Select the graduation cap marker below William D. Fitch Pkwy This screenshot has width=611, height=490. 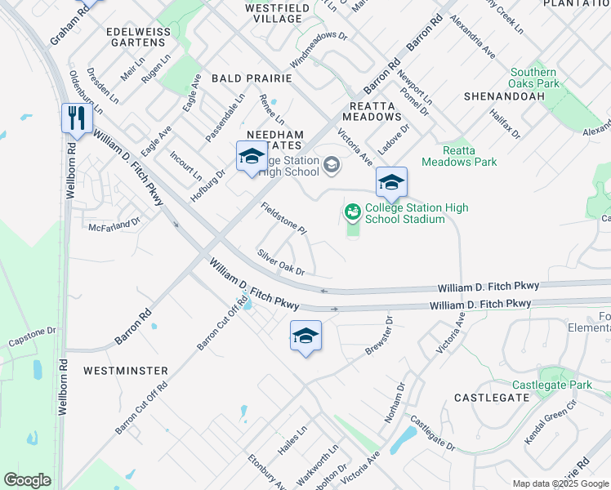(305, 336)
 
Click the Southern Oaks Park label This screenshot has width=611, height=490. (534, 78)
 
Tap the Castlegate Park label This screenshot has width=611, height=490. (551, 385)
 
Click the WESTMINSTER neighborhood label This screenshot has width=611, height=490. (126, 370)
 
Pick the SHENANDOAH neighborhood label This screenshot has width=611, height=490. (503, 96)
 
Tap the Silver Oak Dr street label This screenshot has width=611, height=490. (280, 261)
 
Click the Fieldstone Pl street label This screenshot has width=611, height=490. (283, 219)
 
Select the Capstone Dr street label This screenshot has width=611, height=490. (31, 335)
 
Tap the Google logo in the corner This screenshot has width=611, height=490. (27, 479)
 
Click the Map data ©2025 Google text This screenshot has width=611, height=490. (560, 483)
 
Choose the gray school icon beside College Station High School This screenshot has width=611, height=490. (331, 166)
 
